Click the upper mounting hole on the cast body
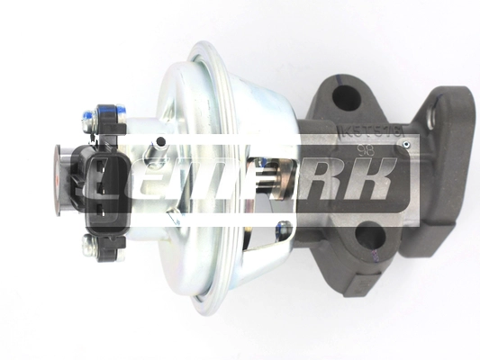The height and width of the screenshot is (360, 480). pos(344,94)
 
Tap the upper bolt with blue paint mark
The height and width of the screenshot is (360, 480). pos(92,115)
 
